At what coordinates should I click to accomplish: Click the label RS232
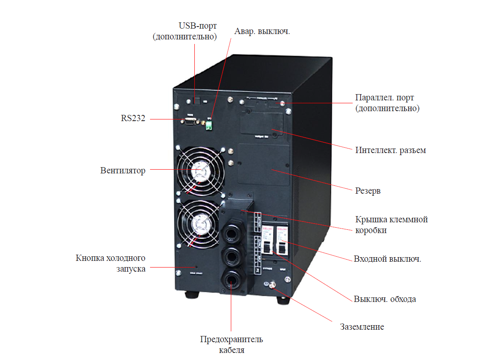click(x=133, y=119)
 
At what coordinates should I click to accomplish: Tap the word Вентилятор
click(x=123, y=170)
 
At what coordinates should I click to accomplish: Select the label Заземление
click(x=362, y=327)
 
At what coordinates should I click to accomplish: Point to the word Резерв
click(x=368, y=191)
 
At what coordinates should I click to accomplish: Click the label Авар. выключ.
click(x=262, y=32)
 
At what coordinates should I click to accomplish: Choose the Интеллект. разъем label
click(x=390, y=150)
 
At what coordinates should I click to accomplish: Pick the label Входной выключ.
click(x=387, y=259)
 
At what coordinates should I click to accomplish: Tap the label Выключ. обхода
click(x=385, y=299)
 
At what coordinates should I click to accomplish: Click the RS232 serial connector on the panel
click(x=189, y=121)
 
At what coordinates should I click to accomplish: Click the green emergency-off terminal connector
click(x=209, y=126)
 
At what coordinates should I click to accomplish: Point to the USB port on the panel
click(x=197, y=101)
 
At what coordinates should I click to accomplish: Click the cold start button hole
click(x=196, y=267)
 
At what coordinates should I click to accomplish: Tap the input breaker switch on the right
click(x=281, y=247)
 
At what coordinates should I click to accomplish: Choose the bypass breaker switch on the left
click(x=267, y=247)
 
